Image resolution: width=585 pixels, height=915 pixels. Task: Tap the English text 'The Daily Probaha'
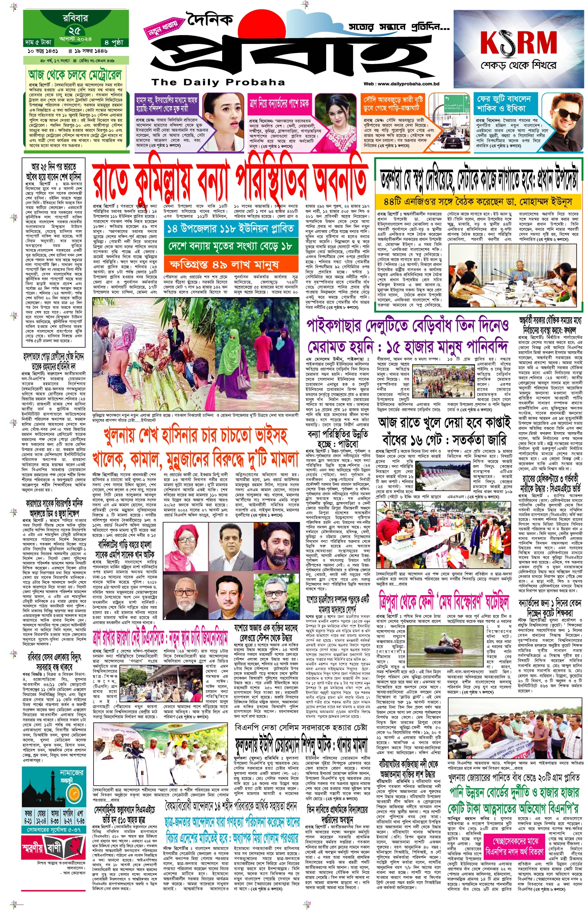pyautogui.click(x=218, y=82)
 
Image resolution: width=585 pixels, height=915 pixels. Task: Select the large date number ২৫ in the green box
pyautogui.click(x=75, y=31)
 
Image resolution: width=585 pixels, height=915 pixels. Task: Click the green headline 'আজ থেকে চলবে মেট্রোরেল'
pyautogui.click(x=75, y=75)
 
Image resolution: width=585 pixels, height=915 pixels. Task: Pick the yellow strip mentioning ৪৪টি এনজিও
pyautogui.click(x=478, y=202)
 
